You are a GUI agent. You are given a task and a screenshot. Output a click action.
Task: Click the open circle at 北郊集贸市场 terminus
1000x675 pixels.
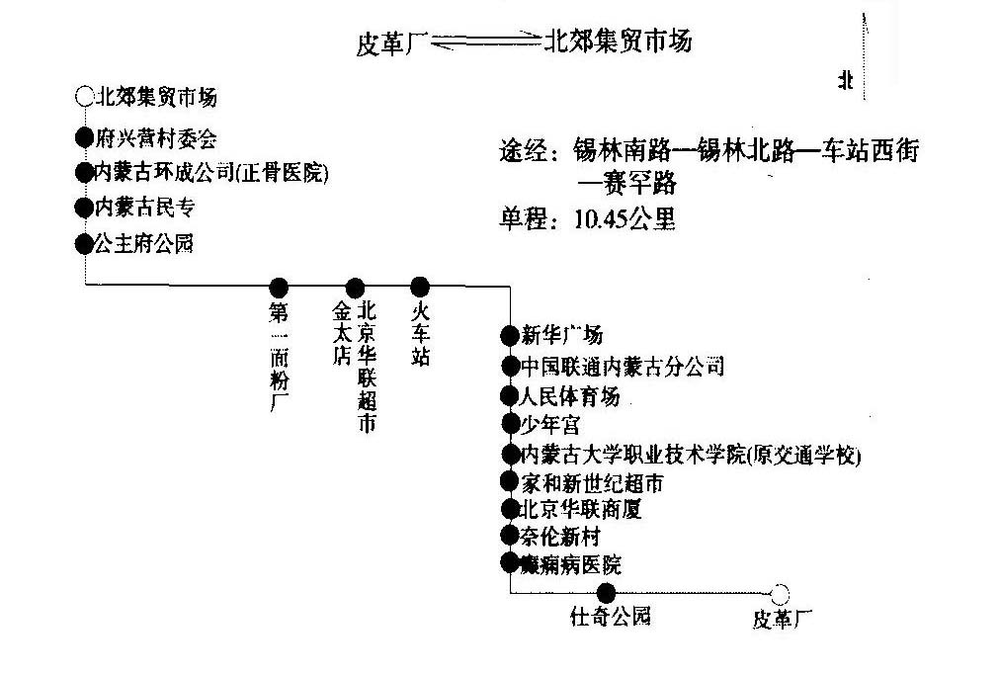(83, 97)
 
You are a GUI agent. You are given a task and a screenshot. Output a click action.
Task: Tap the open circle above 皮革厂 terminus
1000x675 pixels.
(780, 594)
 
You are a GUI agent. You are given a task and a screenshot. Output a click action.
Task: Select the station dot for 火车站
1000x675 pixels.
(420, 287)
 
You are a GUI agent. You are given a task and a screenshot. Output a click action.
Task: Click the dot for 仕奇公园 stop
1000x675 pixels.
(607, 593)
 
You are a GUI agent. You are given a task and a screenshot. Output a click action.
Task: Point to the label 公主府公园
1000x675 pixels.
(143, 243)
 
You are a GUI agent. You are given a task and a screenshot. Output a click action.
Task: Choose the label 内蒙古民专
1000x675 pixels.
(143, 208)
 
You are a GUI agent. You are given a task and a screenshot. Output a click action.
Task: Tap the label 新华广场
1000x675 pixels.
(561, 335)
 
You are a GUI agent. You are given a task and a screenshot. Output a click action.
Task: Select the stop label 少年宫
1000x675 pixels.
(551, 425)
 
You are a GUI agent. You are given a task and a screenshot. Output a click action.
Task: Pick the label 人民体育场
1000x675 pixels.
(570, 396)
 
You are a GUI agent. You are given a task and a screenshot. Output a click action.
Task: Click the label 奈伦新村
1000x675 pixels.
(560, 537)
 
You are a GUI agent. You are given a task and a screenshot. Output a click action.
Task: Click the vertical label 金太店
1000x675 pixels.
(342, 335)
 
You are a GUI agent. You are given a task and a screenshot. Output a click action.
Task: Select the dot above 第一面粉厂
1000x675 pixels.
(279, 288)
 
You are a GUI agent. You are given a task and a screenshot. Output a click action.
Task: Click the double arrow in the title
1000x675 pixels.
(483, 42)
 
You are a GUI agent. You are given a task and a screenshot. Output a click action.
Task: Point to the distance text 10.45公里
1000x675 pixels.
(625, 219)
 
